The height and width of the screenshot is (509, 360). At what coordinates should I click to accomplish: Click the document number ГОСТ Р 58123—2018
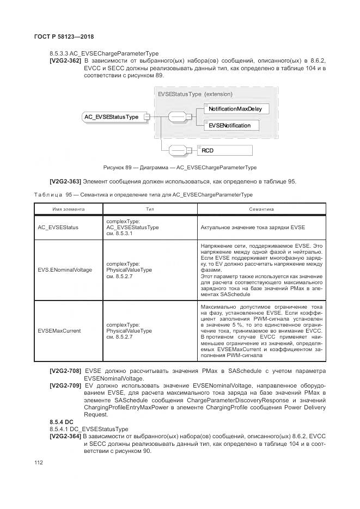click(x=60, y=36)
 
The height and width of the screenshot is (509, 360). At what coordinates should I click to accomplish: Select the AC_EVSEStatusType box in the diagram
click(x=111, y=116)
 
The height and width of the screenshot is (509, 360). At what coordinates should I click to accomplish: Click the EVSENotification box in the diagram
click(x=229, y=126)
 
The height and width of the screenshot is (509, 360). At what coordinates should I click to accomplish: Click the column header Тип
click(x=150, y=209)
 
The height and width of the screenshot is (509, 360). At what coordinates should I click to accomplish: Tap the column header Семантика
click(x=261, y=209)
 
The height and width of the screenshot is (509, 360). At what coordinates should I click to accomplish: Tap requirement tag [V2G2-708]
click(x=65, y=371)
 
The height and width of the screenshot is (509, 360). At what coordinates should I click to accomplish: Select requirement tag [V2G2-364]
click(x=65, y=437)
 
